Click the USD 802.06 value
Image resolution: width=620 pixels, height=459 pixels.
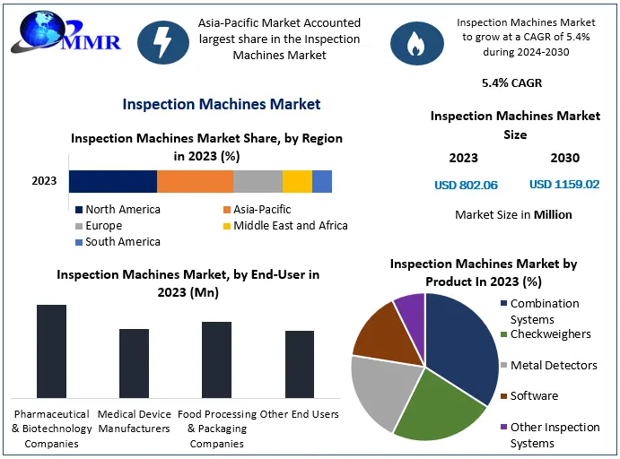[x=466, y=185]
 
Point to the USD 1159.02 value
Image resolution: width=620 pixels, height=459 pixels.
[x=564, y=185]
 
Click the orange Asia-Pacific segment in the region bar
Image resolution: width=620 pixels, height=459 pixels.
[x=195, y=181]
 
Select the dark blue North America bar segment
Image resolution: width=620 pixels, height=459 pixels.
[x=113, y=181]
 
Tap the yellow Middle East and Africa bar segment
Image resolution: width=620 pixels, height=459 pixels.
[x=297, y=181]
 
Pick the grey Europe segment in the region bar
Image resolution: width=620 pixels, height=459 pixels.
[x=258, y=181]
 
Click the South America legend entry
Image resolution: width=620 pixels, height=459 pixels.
[x=118, y=242]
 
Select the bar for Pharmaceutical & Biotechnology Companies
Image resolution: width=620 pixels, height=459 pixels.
[x=51, y=351]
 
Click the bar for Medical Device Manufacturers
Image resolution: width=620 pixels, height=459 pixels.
[x=134, y=363]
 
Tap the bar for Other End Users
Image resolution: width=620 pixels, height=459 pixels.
[x=300, y=364]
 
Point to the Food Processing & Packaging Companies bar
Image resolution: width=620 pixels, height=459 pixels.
[x=216, y=359]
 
